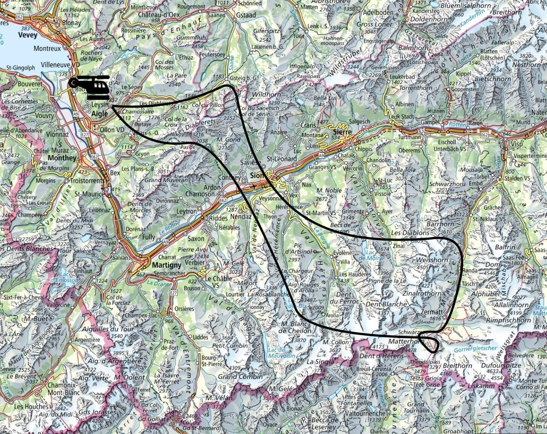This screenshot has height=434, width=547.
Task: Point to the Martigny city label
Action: (x=169, y=265)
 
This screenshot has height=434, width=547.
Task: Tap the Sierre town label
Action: (x=342, y=132)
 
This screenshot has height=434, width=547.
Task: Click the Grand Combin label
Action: (x=240, y=377)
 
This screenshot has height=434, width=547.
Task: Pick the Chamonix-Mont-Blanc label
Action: (x=64, y=389)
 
